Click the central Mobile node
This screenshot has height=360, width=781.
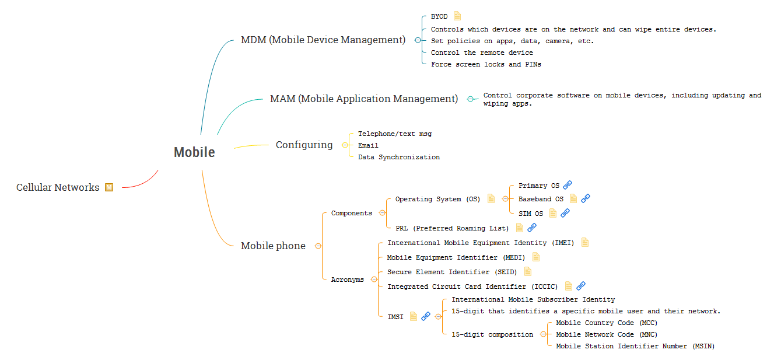194,152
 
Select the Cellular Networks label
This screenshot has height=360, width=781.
58,187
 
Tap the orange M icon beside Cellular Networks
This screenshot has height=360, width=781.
109,187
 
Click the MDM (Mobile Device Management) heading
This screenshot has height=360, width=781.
323,40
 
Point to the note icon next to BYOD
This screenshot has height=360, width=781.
457,16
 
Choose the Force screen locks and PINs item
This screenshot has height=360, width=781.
486,64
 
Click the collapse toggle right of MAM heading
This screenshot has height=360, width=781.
470,99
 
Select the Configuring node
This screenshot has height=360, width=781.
304,145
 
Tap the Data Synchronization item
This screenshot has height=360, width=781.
399,157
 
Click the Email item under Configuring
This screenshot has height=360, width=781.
368,145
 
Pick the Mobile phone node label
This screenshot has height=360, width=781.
273,246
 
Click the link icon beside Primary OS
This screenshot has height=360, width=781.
568,185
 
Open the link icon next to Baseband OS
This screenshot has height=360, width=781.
586,198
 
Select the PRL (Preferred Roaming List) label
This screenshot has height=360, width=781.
452,228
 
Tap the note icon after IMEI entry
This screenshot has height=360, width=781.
585,242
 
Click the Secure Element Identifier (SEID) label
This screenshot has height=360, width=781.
452,272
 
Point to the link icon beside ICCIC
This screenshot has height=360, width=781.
581,286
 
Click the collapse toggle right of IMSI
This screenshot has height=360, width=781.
438,316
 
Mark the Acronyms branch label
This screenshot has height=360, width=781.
347,279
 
